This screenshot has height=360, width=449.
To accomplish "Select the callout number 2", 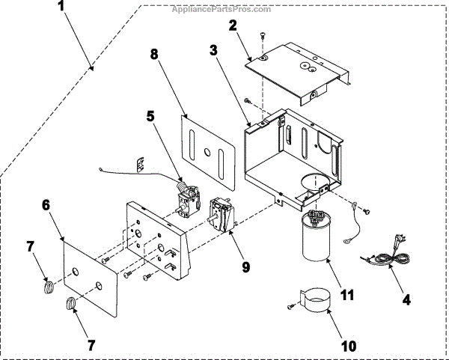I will tap(233, 25).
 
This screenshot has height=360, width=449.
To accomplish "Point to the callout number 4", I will tap(407, 299).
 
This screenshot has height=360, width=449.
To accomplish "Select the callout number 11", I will tap(346, 294).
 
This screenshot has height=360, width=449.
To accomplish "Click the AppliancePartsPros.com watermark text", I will tap(211, 9).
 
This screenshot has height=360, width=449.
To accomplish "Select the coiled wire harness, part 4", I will tap(385, 255).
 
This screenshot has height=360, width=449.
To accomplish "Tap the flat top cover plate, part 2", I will tap(299, 71).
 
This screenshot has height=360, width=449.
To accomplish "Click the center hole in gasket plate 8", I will tap(206, 153).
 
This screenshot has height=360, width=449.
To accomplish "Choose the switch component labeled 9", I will tap(220, 214).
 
